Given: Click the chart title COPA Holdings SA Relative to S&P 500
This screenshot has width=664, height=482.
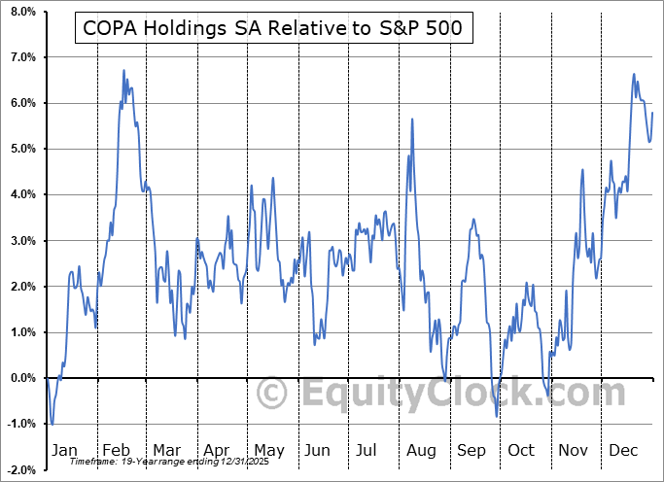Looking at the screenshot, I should point(273,29).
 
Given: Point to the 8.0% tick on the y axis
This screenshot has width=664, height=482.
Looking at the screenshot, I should point(22,12).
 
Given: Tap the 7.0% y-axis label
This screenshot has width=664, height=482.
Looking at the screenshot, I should point(22,57).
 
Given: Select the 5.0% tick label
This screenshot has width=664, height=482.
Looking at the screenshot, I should point(22,149).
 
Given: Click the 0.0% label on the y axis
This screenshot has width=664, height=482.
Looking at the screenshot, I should point(22,378).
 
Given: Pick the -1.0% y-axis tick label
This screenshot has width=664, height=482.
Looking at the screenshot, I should point(21,424).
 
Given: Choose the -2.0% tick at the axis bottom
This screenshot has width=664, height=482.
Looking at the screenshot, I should point(21,469).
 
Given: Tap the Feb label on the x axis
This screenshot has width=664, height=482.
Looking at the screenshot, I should point(116,450).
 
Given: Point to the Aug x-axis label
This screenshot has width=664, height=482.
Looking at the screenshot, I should point(420,450).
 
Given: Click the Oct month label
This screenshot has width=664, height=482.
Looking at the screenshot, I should point(521,450).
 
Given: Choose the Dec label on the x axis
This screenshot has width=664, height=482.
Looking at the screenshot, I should point(623,450).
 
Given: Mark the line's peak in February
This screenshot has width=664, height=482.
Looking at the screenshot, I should point(123,71).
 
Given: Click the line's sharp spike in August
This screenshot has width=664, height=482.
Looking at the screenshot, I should point(413,120).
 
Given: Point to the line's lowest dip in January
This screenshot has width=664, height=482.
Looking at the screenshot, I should point(52,424).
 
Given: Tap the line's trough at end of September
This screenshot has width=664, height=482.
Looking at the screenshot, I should point(497,416).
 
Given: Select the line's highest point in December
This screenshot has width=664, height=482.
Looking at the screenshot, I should point(634,74).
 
